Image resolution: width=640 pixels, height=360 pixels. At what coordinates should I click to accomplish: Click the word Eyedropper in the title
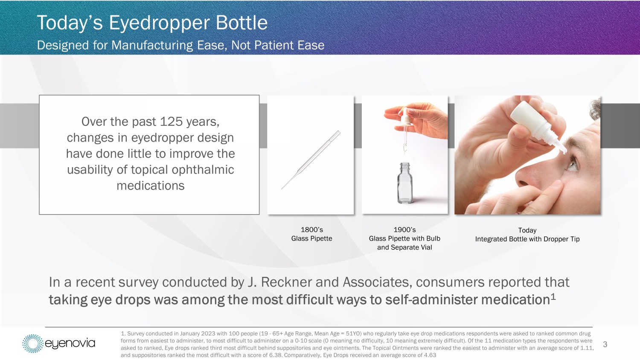coord(160,23)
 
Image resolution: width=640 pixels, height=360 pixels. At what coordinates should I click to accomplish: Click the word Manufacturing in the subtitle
coord(152,45)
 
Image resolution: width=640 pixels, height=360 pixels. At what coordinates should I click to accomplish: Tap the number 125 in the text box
coord(171,122)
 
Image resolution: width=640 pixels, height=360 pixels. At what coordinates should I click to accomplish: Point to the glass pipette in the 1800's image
coord(311,160)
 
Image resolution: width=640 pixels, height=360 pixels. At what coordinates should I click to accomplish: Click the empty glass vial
coord(405,183)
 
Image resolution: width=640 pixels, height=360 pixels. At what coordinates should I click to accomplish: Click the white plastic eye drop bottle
coord(537,126)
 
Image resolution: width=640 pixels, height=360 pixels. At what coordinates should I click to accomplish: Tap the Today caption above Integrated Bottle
coord(527,230)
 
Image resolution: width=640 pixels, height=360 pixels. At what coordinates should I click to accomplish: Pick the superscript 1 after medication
coord(553,297)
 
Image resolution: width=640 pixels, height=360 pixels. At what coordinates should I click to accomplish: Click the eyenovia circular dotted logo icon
coord(33,343)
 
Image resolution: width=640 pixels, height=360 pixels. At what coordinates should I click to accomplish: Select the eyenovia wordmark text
coord(70,343)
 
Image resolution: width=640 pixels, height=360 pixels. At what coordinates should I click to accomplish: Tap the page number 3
coord(605,344)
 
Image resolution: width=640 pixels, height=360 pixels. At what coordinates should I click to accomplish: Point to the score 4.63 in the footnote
coord(430,355)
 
